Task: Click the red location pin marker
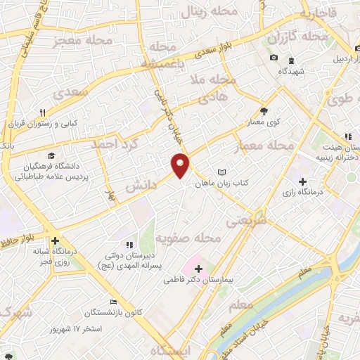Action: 181,165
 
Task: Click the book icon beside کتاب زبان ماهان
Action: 222,172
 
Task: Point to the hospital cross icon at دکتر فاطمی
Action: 198,269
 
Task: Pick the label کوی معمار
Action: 264,122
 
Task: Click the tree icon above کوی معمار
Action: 264,111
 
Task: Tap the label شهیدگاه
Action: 290,71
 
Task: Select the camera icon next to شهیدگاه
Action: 274,57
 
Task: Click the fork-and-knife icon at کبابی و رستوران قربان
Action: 41,112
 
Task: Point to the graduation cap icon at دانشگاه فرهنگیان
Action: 51,155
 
